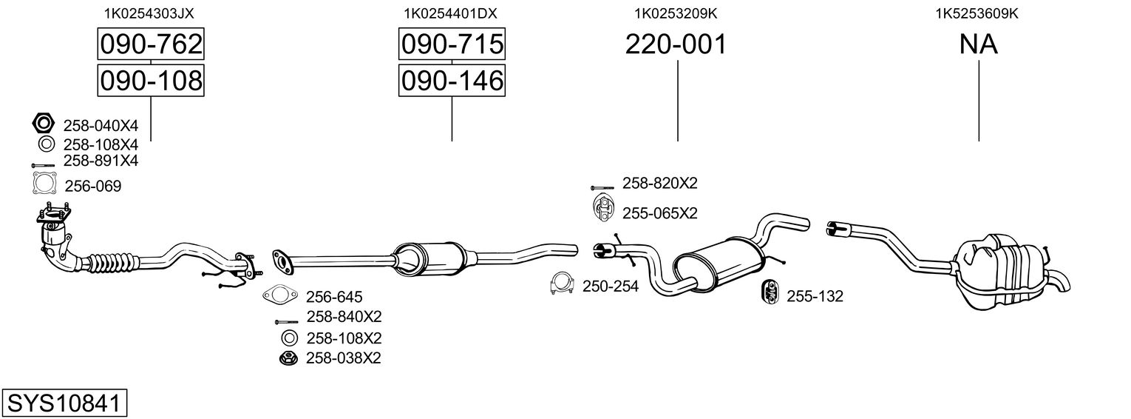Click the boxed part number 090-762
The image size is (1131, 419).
[x=151, y=44]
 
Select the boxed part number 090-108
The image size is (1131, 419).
[x=151, y=81]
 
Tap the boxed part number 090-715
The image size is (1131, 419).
[x=452, y=44]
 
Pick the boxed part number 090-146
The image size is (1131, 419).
[x=452, y=81]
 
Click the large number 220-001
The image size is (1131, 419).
[x=676, y=44]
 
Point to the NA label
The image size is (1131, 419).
[x=978, y=44]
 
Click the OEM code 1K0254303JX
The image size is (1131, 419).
[x=149, y=13]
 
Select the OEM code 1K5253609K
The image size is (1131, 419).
[x=977, y=13]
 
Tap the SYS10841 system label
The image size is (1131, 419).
[x=64, y=403]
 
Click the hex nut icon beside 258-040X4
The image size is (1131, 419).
[x=44, y=123]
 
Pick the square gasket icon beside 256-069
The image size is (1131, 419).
[x=44, y=184]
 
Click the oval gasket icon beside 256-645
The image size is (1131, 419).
[x=279, y=295]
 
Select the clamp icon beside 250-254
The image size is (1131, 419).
[x=562, y=284]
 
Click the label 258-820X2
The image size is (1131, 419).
[x=659, y=183]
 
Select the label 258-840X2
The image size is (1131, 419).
[x=344, y=316]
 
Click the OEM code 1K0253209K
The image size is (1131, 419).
[x=676, y=13]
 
